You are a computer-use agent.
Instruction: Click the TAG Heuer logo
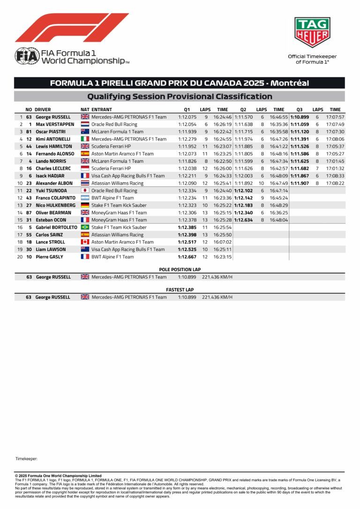[312, 32]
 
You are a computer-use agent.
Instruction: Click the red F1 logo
[72, 28]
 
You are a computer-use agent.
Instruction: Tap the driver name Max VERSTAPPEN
[55, 124]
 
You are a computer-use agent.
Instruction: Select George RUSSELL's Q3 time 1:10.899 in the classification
[300, 117]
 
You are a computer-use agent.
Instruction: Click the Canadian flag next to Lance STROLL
[85, 242]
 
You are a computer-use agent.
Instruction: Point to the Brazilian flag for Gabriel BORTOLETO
[85, 227]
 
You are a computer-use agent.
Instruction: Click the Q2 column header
[243, 109]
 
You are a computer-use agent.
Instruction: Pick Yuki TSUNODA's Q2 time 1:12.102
[243, 190]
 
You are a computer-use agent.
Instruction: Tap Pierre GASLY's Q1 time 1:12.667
[187, 257]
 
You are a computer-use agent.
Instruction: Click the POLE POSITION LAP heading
[180, 270]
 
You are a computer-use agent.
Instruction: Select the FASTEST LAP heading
[180, 290]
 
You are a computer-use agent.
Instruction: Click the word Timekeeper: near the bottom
[26, 458]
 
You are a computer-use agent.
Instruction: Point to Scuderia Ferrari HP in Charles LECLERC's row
[111, 168]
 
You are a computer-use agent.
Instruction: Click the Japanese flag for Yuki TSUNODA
[85, 190]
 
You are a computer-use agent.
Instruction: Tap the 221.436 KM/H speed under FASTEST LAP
[217, 297]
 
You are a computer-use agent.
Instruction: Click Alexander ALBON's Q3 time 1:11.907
[300, 183]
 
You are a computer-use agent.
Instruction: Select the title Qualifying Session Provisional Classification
[180, 97]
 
